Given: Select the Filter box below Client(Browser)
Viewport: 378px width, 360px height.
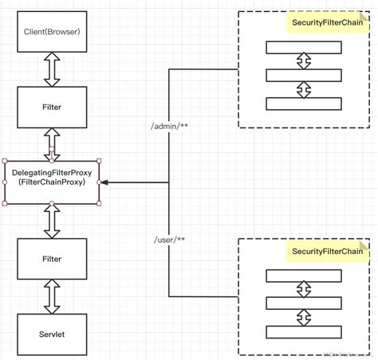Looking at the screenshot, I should [x=52, y=105].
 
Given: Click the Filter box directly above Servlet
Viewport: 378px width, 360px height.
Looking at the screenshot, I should [x=52, y=259].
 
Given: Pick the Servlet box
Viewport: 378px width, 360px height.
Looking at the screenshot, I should [x=52, y=335].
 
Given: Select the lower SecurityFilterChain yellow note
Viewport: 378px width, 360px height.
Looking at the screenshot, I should [x=328, y=252].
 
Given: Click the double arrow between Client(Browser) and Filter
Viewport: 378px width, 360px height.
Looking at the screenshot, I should [x=52, y=70].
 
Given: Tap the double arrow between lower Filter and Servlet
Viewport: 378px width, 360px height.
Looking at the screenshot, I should [x=52, y=297].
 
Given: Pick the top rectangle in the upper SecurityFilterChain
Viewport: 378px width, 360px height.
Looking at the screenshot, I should [x=303, y=48].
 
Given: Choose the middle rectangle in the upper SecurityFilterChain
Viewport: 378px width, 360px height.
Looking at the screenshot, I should [x=303, y=76].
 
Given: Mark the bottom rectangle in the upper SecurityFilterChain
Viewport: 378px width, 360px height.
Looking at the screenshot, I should [x=303, y=104].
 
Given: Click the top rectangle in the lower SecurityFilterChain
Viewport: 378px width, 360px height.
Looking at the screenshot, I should [x=303, y=276].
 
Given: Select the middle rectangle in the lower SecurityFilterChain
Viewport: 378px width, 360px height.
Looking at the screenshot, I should [x=303, y=303].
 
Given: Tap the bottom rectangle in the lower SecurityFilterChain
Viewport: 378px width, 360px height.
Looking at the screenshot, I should [x=303, y=331].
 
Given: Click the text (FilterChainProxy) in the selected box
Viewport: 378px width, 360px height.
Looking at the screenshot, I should [x=52, y=182].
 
